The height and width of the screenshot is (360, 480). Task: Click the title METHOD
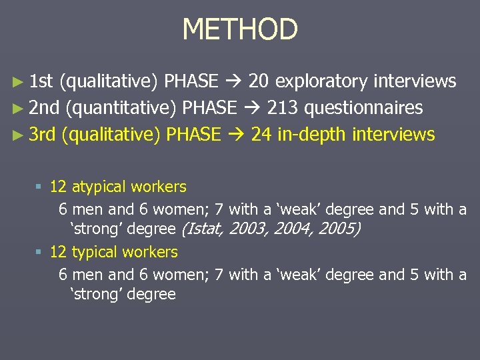tap(240, 29)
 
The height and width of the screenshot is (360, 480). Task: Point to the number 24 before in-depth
tap(261, 135)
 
